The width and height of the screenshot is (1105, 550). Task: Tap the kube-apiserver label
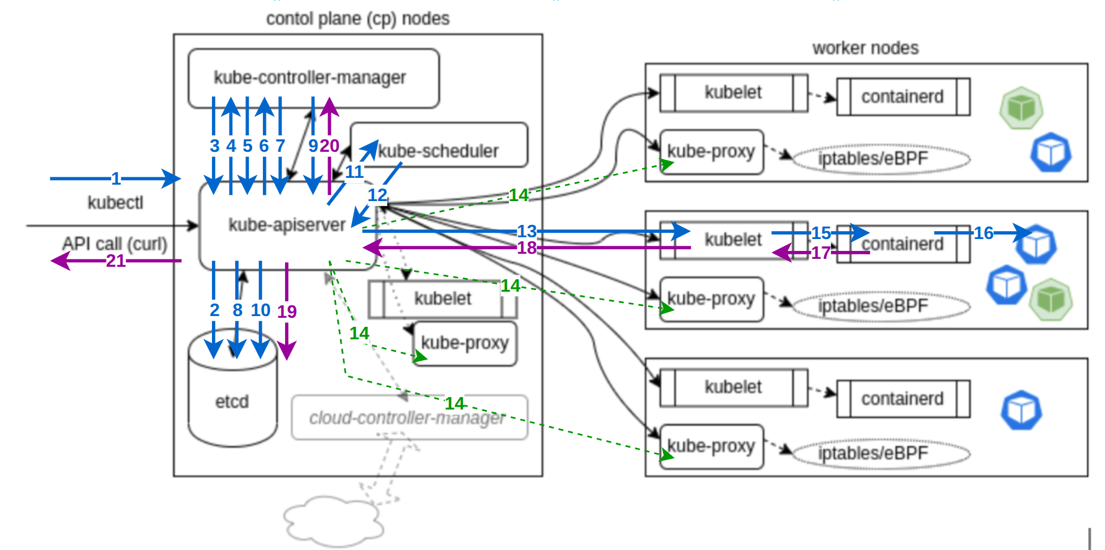pos(286,225)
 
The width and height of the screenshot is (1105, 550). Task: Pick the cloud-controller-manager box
pos(408,418)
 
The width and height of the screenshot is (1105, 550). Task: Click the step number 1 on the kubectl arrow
pos(116,179)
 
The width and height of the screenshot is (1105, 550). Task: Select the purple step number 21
pos(116,261)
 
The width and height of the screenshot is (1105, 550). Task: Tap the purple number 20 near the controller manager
pos(329,146)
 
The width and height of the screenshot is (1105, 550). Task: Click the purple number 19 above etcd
pos(287,311)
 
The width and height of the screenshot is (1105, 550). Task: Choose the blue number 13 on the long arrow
pos(526,231)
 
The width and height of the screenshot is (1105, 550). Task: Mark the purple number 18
pos(526,248)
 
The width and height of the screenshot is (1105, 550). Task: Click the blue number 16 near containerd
pos(984,233)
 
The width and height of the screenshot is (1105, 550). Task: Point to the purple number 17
pos(821,253)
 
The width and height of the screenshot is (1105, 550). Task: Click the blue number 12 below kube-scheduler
pos(377,195)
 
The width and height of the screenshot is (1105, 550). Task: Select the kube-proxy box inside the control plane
pos(465,343)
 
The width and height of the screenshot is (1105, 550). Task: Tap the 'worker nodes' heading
pos(865,48)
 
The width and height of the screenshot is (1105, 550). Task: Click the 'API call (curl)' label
pos(115,244)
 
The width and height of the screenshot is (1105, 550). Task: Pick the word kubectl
pos(115,203)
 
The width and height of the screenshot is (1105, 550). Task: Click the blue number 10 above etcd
pos(261,310)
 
